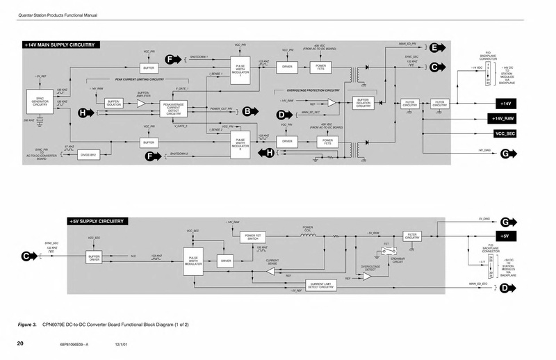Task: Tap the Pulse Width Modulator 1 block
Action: tap(240, 72)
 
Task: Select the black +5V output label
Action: tap(507, 237)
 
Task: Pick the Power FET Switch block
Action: tap(254, 237)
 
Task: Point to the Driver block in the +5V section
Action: tap(225, 261)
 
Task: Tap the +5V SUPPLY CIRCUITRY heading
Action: tap(97, 221)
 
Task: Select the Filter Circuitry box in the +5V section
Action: tap(412, 237)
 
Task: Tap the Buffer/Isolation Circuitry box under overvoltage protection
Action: tap(363, 102)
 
